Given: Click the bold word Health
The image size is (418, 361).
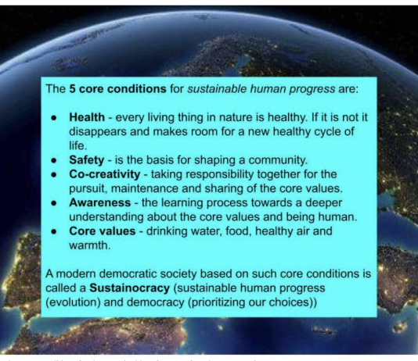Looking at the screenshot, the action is pyautogui.click(x=87, y=117).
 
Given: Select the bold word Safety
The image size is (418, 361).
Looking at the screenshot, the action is pyautogui.click(x=87, y=160).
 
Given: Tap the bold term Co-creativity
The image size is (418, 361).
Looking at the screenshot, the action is pyautogui.click(x=105, y=174).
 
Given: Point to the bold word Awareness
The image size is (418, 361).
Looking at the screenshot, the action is pyautogui.click(x=100, y=202).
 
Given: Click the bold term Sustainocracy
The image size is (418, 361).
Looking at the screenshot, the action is pyautogui.click(x=130, y=288).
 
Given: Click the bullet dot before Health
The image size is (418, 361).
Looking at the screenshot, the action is pyautogui.click(x=54, y=118).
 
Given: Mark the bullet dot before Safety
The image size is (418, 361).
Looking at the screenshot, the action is pyautogui.click(x=54, y=160).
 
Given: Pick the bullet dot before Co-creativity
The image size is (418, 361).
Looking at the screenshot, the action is pyautogui.click(x=54, y=175).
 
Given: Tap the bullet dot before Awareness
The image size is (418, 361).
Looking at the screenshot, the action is pyautogui.click(x=54, y=203).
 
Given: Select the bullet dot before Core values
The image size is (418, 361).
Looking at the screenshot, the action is pyautogui.click(x=54, y=231).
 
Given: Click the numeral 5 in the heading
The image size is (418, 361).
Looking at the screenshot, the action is pyautogui.click(x=72, y=89).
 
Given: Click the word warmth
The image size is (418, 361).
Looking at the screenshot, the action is pyautogui.click(x=89, y=245).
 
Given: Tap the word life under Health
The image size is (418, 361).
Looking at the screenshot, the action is pyautogui.click(x=77, y=146).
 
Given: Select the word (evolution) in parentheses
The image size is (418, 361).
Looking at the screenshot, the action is pyautogui.click(x=73, y=302).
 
